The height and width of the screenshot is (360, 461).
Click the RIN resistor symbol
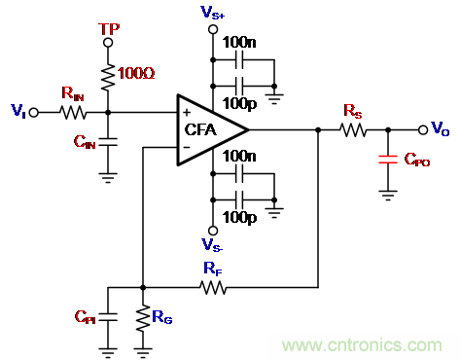pos(73,113)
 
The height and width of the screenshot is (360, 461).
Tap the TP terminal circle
pos(108,43)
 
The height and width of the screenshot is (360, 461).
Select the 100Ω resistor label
pos(136,73)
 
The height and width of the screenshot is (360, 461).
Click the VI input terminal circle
pos(34,113)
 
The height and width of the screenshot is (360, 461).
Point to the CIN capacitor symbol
pos(108,142)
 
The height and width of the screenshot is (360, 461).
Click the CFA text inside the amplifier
pos(200,129)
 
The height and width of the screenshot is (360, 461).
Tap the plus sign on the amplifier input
pos(187,113)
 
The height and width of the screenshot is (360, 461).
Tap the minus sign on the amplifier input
pos(187,148)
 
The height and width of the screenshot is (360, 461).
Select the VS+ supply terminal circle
pos(213,29)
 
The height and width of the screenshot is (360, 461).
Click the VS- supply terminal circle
pos(213,231)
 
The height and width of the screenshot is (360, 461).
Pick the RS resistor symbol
pos(353,130)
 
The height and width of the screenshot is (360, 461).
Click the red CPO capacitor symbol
pos(388,160)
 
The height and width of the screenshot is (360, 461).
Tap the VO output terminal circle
pos(423,130)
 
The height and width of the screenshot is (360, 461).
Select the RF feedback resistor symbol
pos(213,287)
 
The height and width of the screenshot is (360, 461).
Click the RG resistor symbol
pos(143,318)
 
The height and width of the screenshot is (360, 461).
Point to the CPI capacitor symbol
pos(108,317)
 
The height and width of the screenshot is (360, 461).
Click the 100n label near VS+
pos(239,43)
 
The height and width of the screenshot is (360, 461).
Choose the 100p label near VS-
pos(239,218)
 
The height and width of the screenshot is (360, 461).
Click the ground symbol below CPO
pos(388,196)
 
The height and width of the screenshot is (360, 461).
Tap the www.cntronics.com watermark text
pos(362,344)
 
